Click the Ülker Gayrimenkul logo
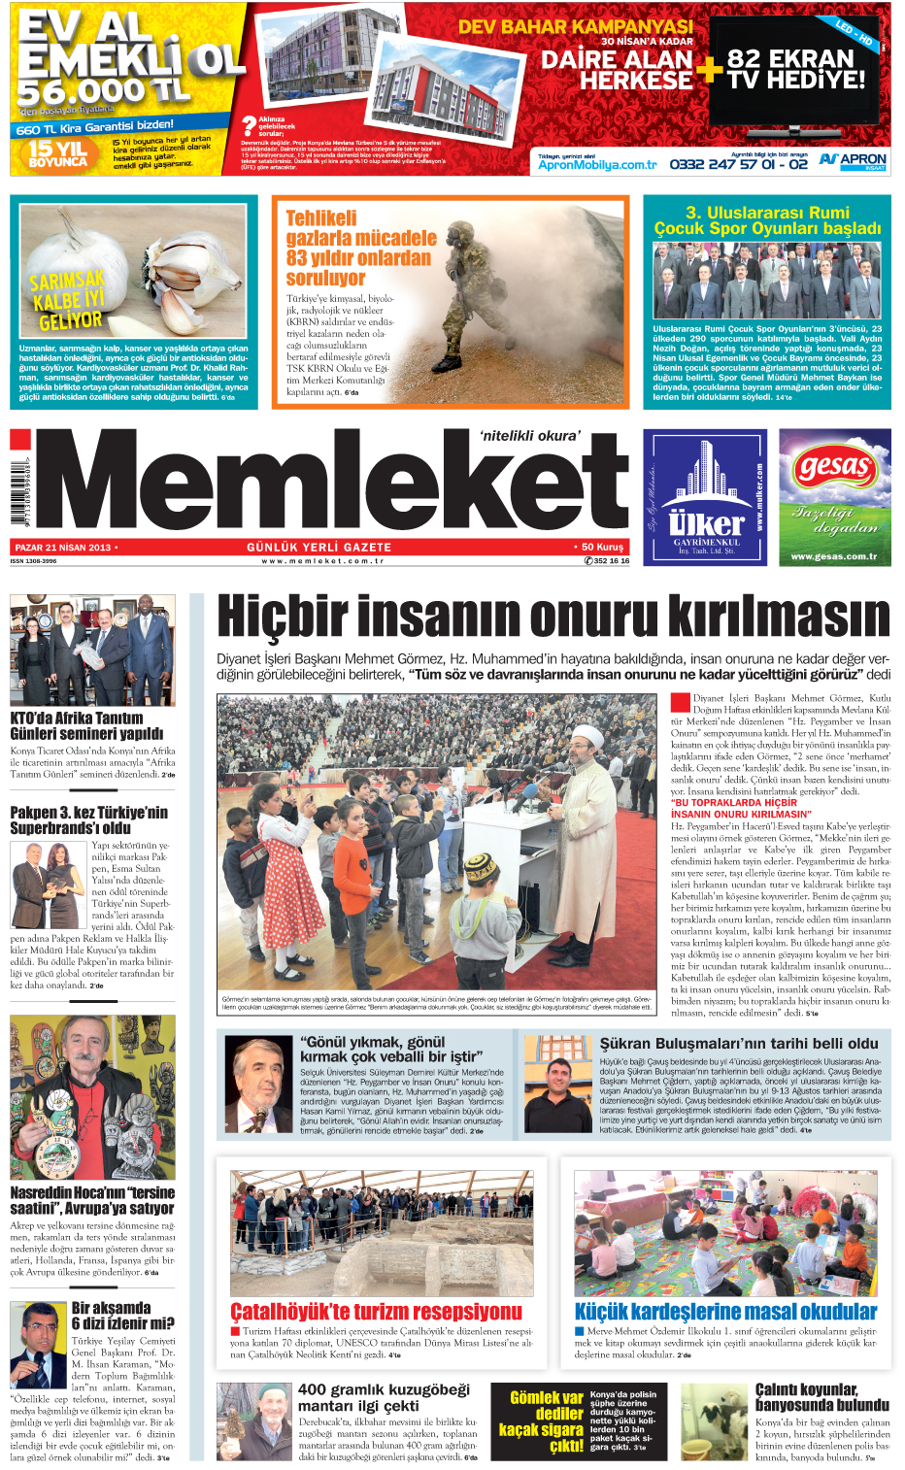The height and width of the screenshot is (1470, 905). (x=707, y=497)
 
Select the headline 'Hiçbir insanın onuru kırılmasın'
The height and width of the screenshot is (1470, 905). (x=553, y=618)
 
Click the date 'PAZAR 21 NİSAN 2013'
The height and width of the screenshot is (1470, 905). (x=63, y=548)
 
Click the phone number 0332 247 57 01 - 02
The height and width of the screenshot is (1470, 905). (x=738, y=164)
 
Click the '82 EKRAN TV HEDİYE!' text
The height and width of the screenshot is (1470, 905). (x=795, y=69)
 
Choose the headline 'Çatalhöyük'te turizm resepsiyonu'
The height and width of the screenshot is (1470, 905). (x=376, y=1312)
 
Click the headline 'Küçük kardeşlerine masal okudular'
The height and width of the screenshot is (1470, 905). (x=725, y=1312)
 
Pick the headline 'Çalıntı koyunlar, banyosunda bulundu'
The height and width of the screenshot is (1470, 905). (x=821, y=1397)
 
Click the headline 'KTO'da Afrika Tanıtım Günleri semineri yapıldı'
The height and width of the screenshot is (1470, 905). (x=86, y=726)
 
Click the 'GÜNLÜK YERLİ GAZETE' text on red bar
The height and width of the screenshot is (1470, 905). (x=318, y=548)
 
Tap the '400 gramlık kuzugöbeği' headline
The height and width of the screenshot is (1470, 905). (x=384, y=1397)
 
